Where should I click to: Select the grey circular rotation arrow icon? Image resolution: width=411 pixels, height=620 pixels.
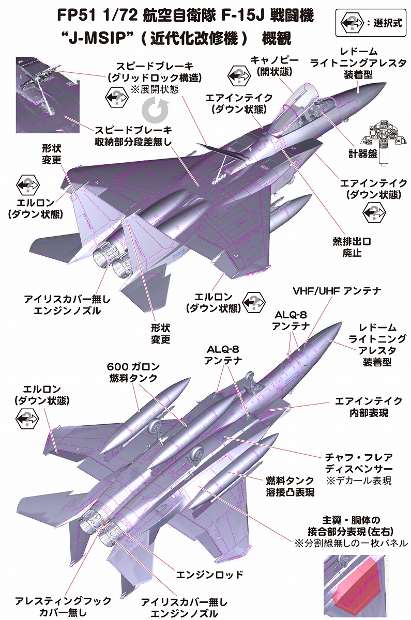pyautogui.click(x=154, y=110)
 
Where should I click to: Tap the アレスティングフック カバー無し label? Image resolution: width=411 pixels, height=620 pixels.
pyautogui.click(x=63, y=607)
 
